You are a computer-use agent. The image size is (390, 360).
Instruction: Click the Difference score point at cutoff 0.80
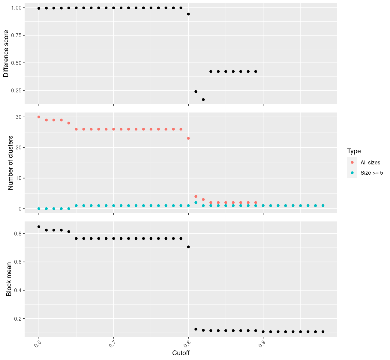(188, 14)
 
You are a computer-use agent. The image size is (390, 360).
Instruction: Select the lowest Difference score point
(203, 100)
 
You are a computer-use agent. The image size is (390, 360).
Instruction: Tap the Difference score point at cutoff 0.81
(196, 91)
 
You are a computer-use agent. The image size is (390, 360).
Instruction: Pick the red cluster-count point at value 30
(39, 117)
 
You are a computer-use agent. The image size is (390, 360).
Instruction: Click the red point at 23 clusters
(188, 138)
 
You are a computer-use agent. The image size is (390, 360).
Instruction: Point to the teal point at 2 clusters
(196, 202)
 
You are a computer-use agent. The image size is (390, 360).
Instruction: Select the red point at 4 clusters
(196, 196)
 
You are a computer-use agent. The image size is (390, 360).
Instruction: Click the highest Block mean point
(39, 227)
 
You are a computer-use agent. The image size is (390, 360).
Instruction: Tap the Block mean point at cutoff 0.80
(188, 247)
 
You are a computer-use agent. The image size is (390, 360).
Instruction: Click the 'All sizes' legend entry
(370, 163)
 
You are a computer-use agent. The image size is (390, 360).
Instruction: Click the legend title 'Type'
(354, 151)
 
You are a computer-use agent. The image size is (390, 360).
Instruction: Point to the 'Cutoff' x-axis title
(181, 353)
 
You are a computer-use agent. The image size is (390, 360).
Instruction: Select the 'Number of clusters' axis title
(10, 163)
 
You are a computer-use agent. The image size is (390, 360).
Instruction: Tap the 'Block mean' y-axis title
(9, 279)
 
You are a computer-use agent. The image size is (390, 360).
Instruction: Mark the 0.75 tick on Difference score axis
(17, 35)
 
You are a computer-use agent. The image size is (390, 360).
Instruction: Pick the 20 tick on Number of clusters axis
(19, 148)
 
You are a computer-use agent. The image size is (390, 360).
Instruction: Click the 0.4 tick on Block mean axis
(18, 290)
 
